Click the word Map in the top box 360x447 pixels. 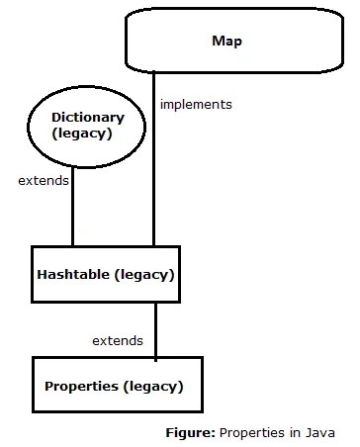click(226, 42)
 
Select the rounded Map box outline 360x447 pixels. click(234, 9)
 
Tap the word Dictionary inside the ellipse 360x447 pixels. click(88, 119)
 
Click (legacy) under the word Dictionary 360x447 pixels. click(82, 134)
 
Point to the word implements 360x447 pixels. click(196, 105)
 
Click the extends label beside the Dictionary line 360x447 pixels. click(44, 181)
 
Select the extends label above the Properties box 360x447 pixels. click(118, 340)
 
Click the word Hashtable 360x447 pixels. click(73, 274)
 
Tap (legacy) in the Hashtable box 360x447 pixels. click(144, 275)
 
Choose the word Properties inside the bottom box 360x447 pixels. click(81, 387)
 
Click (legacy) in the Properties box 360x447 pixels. click(153, 387)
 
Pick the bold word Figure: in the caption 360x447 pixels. click(191, 432)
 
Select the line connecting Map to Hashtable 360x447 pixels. click(153, 159)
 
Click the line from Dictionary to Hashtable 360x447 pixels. click(73, 207)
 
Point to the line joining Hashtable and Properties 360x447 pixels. click(155, 331)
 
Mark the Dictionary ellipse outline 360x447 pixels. click(86, 87)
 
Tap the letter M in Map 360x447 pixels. click(219, 41)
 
